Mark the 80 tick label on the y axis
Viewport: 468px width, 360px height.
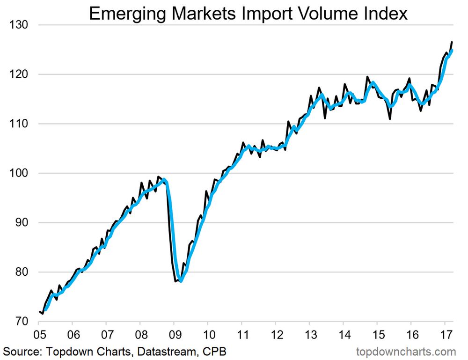[21, 272]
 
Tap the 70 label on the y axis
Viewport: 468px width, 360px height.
[21, 322]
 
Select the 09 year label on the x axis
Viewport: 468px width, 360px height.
[174, 335]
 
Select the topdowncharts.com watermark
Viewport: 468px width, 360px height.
[406, 351]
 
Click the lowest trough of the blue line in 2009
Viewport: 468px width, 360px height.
[181, 281]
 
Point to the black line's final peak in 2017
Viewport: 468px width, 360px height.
[452, 42]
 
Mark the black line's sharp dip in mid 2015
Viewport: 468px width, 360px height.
[390, 119]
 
